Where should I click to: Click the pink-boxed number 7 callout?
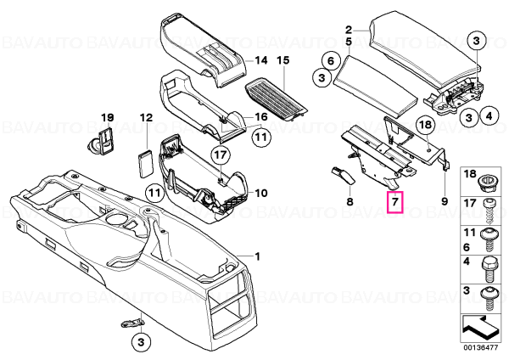[394, 202]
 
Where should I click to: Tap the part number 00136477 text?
[481, 347]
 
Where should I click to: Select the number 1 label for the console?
[257, 257]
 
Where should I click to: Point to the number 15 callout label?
[282, 60]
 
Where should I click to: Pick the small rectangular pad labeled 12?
[146, 164]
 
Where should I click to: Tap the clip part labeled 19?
[102, 141]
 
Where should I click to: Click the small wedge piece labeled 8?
[344, 175]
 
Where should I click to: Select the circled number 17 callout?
[221, 155]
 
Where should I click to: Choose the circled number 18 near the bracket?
[426, 124]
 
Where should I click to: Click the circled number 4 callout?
[489, 116]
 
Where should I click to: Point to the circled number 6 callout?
[331, 61]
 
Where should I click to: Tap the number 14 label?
[261, 60]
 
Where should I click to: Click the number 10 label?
[261, 194]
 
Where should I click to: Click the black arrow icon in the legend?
[480, 329]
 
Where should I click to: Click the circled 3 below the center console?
[141, 341]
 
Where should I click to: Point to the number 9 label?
[445, 201]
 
